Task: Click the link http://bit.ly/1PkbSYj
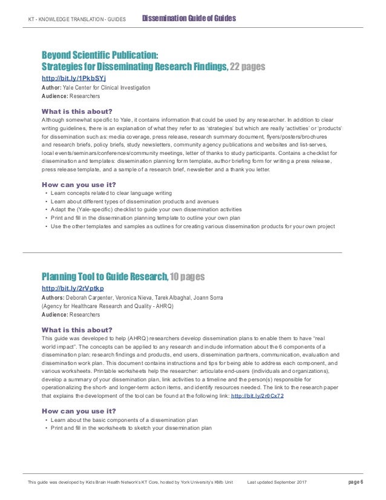[73, 78]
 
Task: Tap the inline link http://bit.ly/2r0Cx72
[257, 395]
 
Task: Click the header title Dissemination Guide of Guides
[188, 19]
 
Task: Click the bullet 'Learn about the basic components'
[127, 420]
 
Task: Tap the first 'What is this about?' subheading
[76, 111]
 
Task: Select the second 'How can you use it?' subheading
[78, 411]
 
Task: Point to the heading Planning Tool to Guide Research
[103, 277]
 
